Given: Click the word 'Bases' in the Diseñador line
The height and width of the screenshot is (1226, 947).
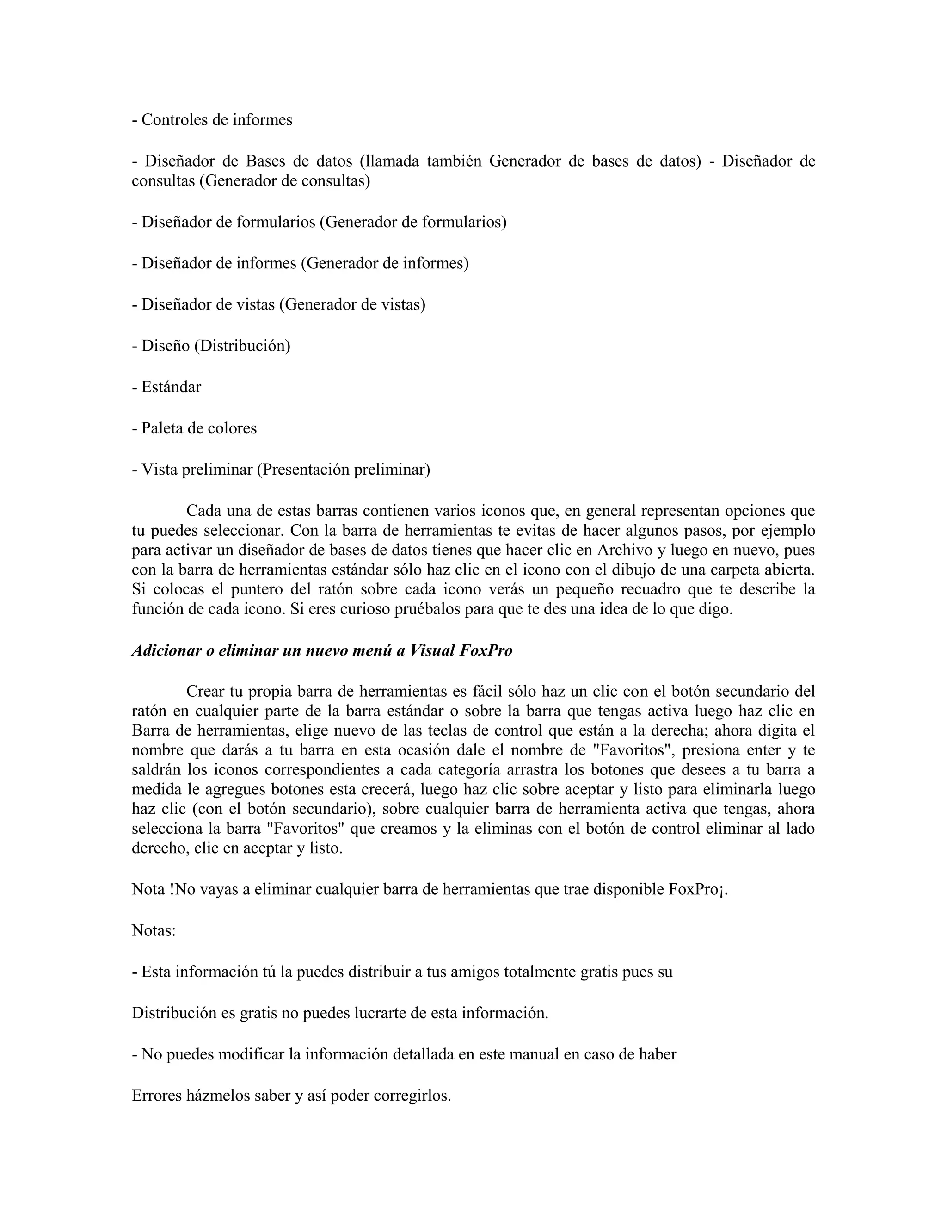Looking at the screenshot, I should click(x=265, y=161).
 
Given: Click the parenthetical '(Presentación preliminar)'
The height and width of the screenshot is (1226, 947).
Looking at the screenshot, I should click(x=344, y=469).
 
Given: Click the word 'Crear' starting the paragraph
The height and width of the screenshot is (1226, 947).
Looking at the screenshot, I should click(x=205, y=691).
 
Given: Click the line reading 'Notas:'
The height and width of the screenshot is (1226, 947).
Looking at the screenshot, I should click(x=154, y=930).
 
